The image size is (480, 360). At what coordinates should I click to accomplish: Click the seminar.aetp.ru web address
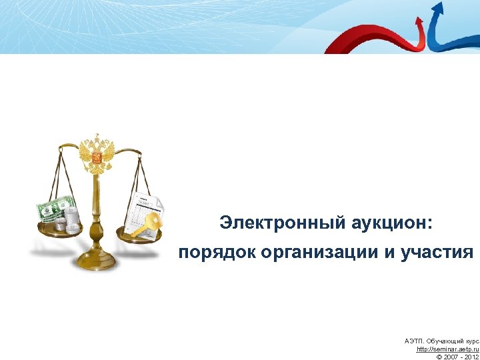click(x=447, y=349)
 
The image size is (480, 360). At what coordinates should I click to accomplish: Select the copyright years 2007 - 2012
click(x=457, y=357)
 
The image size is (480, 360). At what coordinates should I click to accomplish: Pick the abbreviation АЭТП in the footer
click(x=414, y=341)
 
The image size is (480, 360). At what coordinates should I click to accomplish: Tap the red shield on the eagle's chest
click(x=97, y=158)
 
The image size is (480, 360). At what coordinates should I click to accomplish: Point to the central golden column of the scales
click(x=97, y=213)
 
